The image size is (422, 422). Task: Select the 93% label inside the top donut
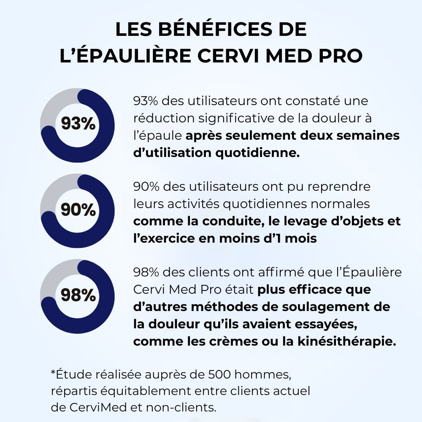point(78,124)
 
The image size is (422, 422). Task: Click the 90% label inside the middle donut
point(78,210)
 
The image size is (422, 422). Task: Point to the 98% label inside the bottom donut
point(78,295)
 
